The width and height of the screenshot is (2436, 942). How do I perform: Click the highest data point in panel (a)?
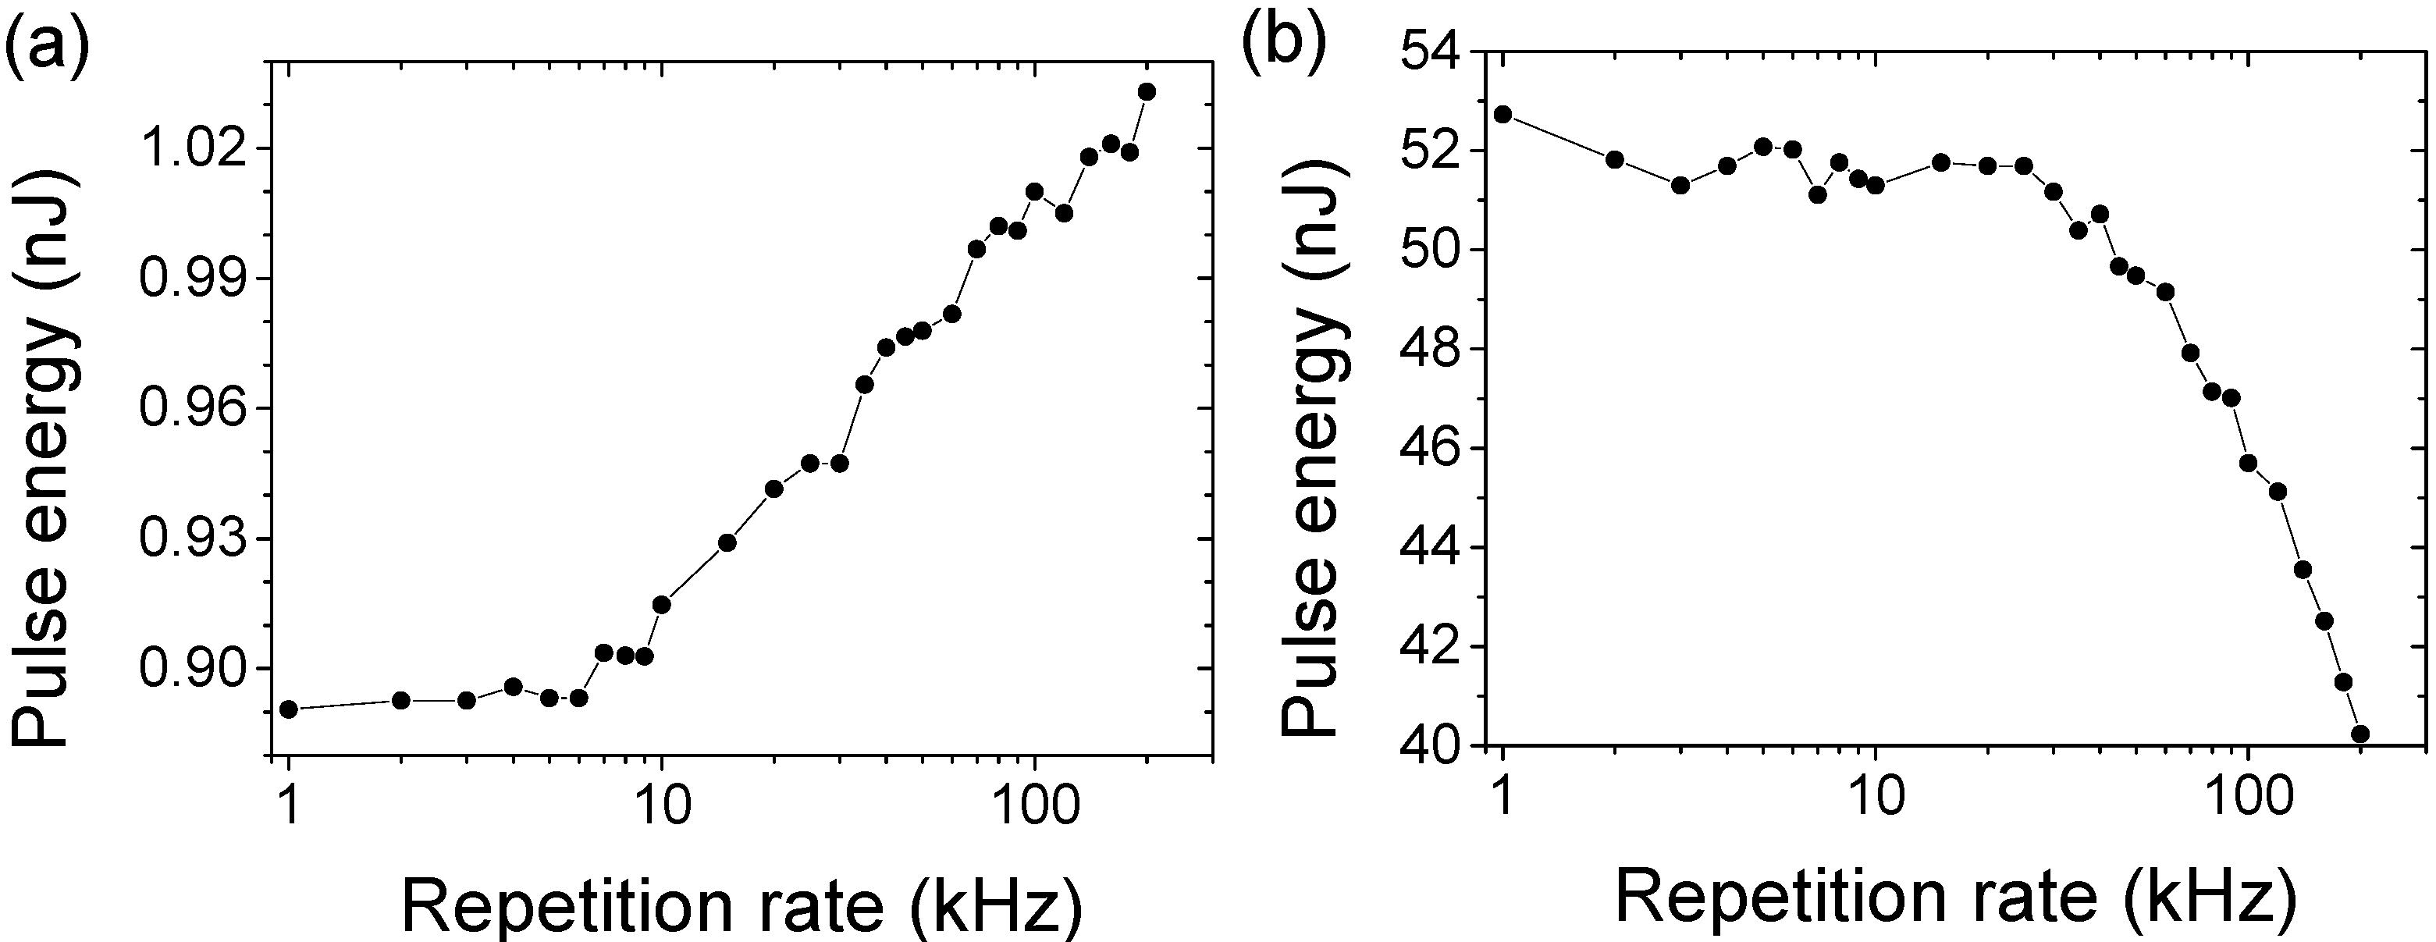[x=1147, y=92]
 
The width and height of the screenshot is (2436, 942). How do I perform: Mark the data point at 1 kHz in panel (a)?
[x=290, y=709]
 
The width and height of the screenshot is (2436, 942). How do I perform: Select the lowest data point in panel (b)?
[x=2360, y=734]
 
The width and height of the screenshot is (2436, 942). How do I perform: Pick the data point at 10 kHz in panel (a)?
[x=662, y=604]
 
